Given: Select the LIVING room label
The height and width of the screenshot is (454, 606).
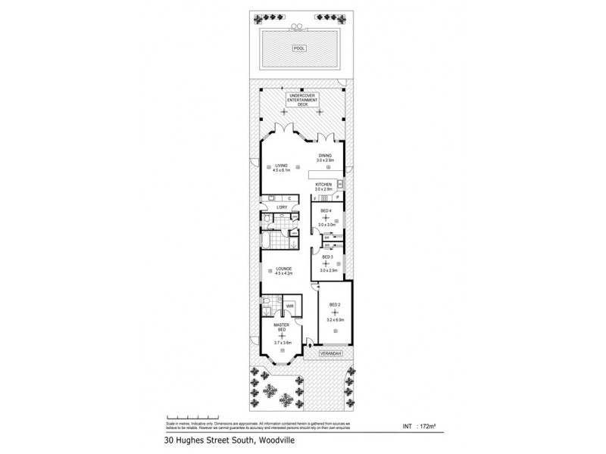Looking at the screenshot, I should pyautogui.click(x=281, y=167).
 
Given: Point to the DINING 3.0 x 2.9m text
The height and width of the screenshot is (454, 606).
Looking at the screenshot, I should pyautogui.click(x=326, y=158).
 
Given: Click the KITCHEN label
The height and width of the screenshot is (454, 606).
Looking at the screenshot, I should pyautogui.click(x=324, y=185).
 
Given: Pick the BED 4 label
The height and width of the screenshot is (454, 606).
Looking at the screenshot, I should pyautogui.click(x=326, y=211).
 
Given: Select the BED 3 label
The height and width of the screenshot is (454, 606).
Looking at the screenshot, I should pyautogui.click(x=326, y=257).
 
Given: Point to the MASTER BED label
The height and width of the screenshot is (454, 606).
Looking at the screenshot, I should pyautogui.click(x=281, y=328).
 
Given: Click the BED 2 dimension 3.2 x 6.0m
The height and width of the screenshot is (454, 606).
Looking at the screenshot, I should pyautogui.click(x=334, y=320).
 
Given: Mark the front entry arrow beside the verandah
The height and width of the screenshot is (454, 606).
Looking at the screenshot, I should pyautogui.click(x=309, y=348).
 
